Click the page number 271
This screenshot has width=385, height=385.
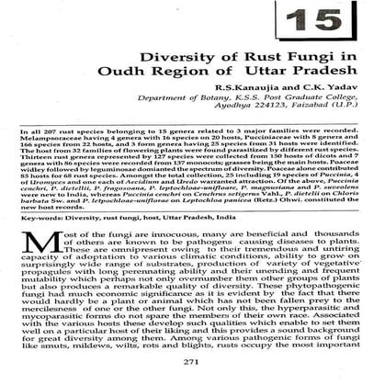click(x=192, y=362)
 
